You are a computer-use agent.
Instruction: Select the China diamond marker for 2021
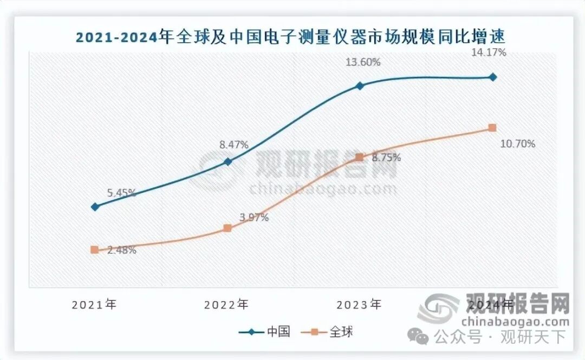[95, 206]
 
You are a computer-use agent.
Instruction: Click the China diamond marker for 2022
[227, 161]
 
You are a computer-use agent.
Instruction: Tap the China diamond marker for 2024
[492, 77]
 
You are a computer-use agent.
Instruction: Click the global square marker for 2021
[95, 250]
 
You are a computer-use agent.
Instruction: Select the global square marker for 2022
[227, 228]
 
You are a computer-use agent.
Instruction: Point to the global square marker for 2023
[359, 158]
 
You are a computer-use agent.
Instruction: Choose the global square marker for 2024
[492, 128]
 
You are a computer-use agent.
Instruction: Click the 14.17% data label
[490, 53]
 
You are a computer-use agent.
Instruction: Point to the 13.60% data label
[363, 62]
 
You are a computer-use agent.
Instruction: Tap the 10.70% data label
[518, 144]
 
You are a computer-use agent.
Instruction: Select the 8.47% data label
[233, 145]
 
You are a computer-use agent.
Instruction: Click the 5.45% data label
[121, 193]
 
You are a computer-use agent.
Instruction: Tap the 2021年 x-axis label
[95, 304]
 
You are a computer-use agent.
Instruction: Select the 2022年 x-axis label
[227, 304]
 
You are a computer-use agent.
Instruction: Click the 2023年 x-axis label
[359, 304]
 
